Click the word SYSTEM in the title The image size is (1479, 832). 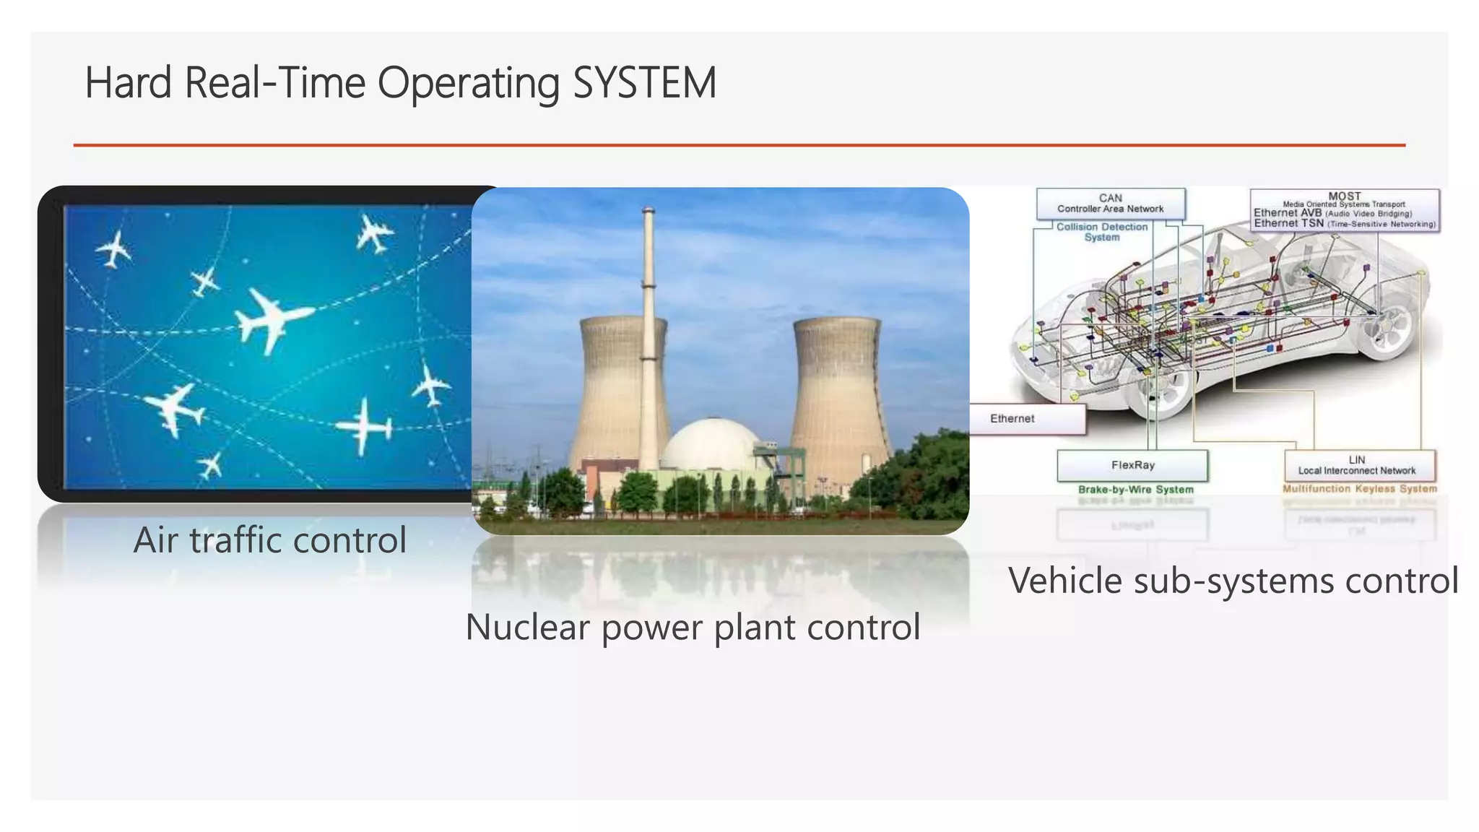click(x=644, y=83)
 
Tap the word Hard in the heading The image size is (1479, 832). click(x=129, y=83)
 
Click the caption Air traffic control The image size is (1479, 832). click(x=270, y=540)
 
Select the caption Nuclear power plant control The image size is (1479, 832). click(x=693, y=627)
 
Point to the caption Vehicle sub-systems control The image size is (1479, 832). click(x=1233, y=581)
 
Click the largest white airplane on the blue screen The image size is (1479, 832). click(x=271, y=318)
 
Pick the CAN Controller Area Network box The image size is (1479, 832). click(x=1110, y=204)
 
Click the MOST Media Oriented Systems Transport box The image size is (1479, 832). click(x=1344, y=210)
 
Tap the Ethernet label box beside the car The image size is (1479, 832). click(x=1025, y=419)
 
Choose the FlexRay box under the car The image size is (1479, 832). click(x=1132, y=466)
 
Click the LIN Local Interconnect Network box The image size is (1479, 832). click(x=1358, y=466)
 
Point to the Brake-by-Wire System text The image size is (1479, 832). click(x=1135, y=490)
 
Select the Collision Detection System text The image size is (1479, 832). click(x=1101, y=232)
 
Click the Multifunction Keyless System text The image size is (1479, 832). click(x=1359, y=489)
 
